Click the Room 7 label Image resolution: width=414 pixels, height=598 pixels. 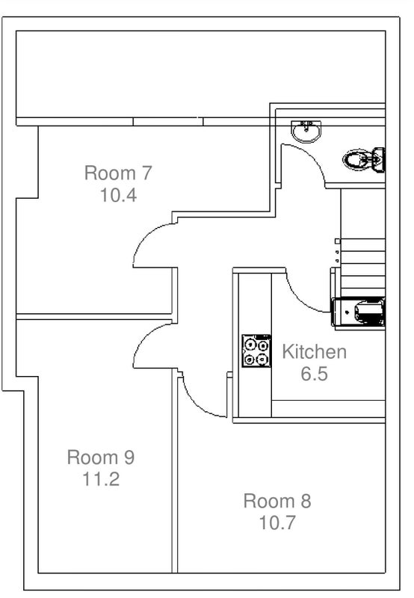point(118,173)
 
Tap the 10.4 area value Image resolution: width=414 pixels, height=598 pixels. point(118,195)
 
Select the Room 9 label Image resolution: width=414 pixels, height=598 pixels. point(101,457)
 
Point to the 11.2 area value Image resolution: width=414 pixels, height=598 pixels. point(101,479)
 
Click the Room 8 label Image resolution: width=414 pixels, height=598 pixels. point(277,501)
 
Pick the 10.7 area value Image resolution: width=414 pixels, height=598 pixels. point(277,523)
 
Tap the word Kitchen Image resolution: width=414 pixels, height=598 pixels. point(314,351)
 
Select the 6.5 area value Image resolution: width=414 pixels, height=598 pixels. point(314,374)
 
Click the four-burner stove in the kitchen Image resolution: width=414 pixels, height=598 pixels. point(256,351)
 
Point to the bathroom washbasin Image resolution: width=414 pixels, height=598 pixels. point(306,132)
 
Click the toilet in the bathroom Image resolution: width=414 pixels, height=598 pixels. point(364,160)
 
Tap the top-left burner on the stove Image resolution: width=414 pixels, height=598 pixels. point(250,345)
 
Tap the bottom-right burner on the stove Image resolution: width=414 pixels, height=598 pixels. point(262,359)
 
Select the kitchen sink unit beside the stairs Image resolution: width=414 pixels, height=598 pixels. point(359,312)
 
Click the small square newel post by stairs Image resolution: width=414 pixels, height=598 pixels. point(337,241)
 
